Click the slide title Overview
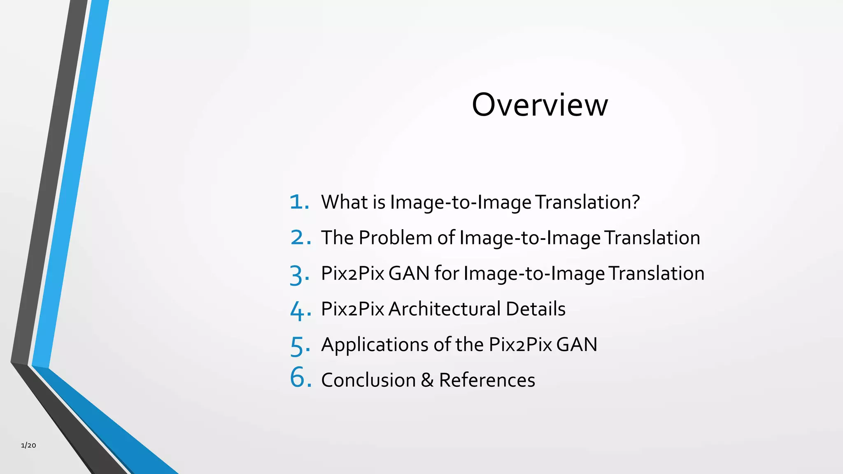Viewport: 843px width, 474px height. tap(540, 105)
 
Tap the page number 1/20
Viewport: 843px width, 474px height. tap(28, 445)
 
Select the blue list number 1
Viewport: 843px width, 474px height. tap(298, 202)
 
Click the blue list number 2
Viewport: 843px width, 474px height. tap(299, 238)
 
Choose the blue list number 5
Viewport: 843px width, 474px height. tap(298, 346)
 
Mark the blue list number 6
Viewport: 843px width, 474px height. tap(299, 377)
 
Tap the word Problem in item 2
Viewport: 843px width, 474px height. tap(395, 238)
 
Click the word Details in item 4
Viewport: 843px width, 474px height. tap(536, 309)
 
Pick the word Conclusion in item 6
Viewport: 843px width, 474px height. tap(368, 380)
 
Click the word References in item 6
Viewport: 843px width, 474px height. tap(487, 380)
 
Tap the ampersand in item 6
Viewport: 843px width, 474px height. tap(427, 380)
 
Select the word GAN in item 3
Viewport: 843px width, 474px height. tap(409, 273)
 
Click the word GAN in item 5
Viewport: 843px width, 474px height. tap(577, 345)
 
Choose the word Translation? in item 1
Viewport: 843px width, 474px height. tap(588, 202)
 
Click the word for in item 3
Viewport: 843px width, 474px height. tap(447, 273)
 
